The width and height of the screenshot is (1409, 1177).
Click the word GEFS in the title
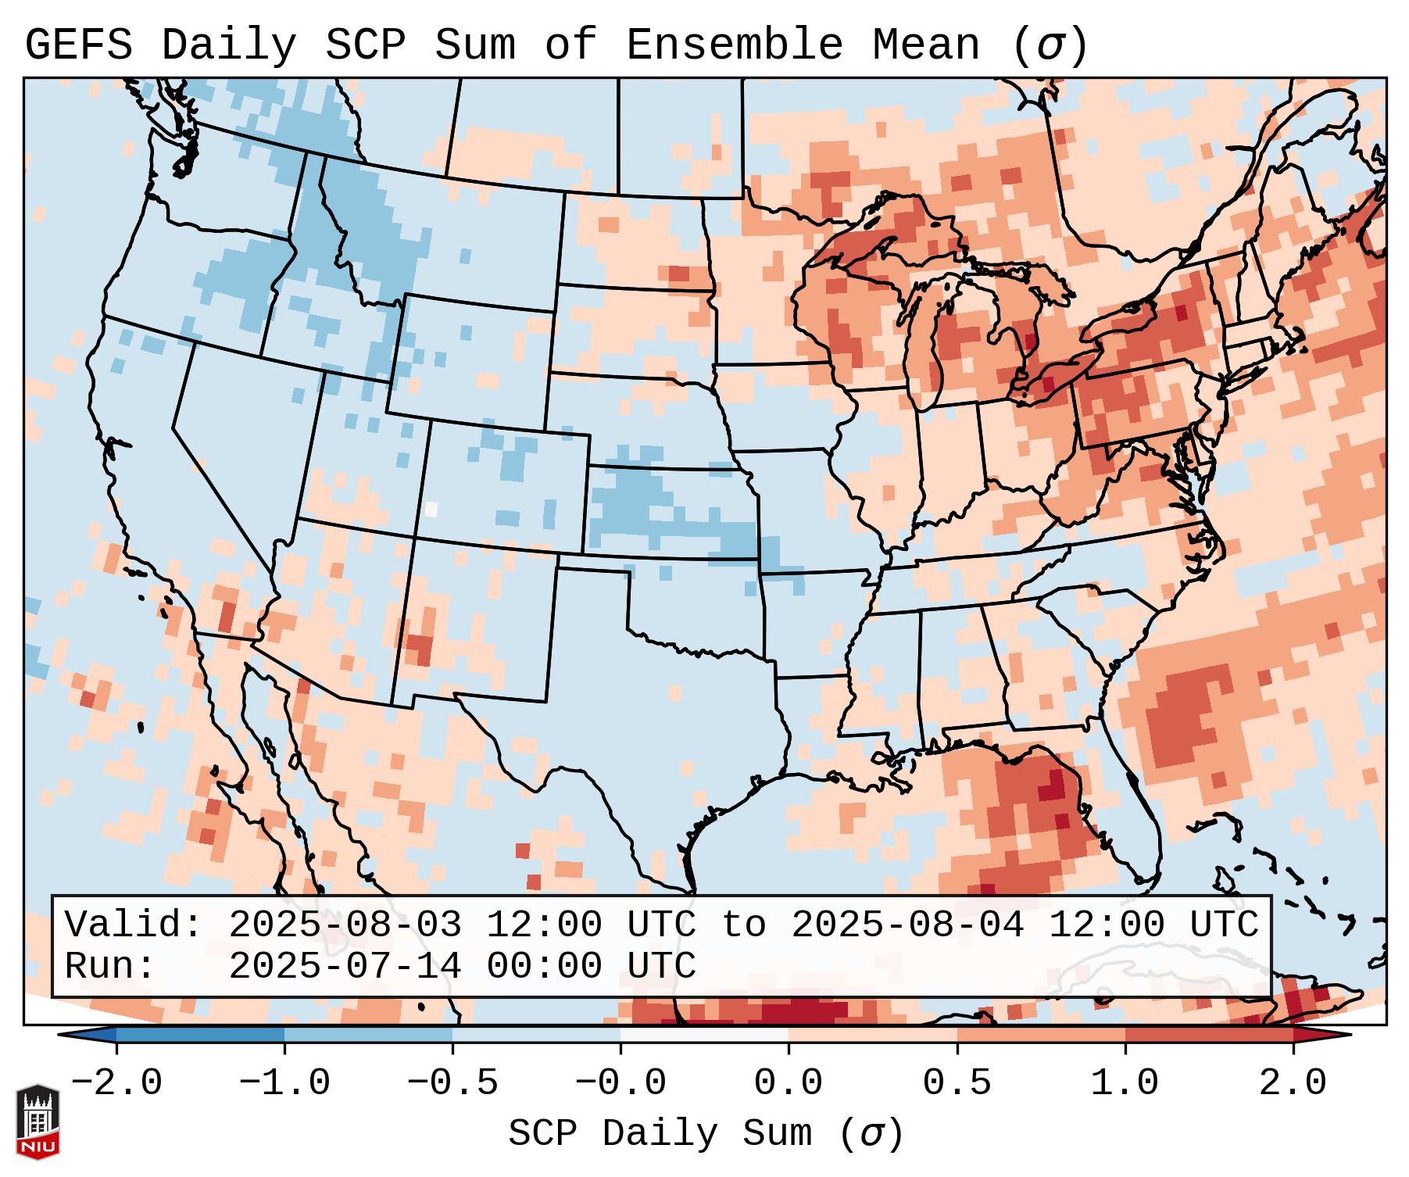tap(78, 45)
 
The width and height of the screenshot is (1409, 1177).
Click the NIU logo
tap(38, 1122)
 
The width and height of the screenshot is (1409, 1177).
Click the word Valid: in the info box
tap(133, 925)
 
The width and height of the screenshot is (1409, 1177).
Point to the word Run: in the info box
tap(109, 966)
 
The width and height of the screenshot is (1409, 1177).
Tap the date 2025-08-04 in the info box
tap(907, 925)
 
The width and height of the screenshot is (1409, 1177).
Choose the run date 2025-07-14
tap(345, 966)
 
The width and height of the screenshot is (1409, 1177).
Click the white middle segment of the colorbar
tap(704, 1036)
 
